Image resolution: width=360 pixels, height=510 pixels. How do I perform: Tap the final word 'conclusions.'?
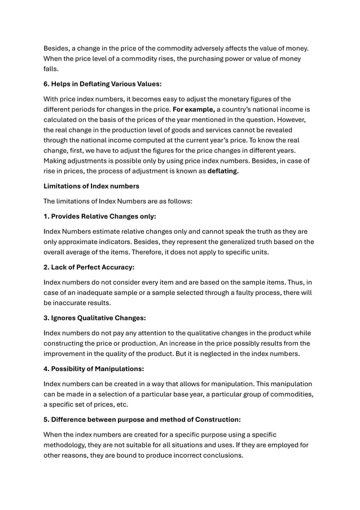(222, 455)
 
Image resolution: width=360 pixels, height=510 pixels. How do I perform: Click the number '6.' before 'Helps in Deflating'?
(47, 84)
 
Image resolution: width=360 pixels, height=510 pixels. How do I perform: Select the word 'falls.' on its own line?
(52, 69)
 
